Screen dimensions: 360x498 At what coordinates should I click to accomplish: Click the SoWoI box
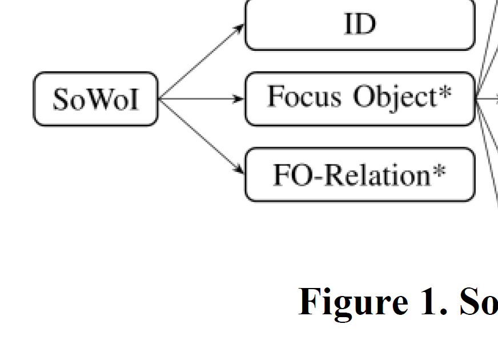[95, 99]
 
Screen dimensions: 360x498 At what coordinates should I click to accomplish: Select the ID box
[360, 25]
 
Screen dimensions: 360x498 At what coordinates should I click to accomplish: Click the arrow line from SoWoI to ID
[200, 63]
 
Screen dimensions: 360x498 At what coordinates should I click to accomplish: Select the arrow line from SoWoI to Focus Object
[200, 99]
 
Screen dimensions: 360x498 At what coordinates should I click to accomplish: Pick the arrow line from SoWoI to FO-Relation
[200, 135]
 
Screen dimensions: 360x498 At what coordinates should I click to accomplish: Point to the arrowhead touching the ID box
[240, 27]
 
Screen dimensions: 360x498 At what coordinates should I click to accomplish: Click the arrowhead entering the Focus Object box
[240, 99]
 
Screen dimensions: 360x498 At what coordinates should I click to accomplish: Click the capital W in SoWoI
[95, 99]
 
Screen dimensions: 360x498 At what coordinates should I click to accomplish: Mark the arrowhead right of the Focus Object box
[495, 98]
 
